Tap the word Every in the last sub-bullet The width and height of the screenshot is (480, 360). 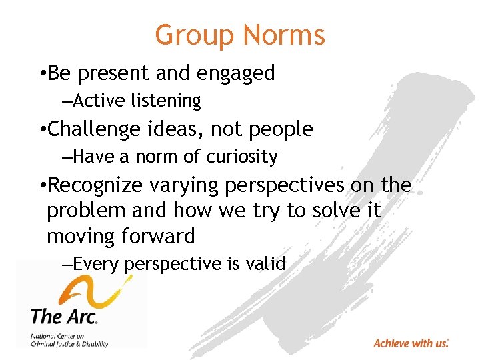pyautogui.click(x=96, y=264)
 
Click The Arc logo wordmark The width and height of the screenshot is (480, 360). pyautogui.click(x=64, y=315)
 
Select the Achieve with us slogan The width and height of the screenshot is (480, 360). pyautogui.click(x=411, y=343)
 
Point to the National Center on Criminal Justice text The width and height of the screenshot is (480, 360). pyautogui.click(x=69, y=340)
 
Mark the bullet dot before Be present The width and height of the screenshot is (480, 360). pyautogui.click(x=42, y=74)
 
